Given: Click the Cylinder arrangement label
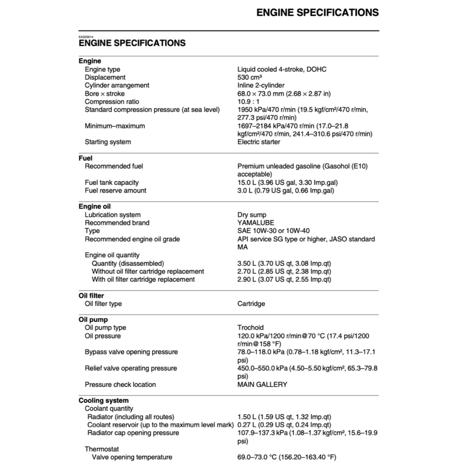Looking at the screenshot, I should [117, 85].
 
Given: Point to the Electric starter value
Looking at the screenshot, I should [259, 142].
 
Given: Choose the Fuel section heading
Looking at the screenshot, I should [86, 158].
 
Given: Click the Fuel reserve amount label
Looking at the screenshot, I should [116, 191].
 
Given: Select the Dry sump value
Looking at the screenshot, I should [252, 215].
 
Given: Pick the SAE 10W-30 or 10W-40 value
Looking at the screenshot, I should [274, 231].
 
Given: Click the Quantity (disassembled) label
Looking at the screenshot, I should [128, 263].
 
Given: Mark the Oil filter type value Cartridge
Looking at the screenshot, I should [251, 304].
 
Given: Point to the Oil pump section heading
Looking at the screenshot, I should [93, 320].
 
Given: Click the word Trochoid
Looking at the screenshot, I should [251, 328].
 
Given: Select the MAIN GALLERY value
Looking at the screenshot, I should [263, 385].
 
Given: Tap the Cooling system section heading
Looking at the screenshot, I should [104, 401].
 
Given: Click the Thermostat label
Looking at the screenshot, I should [102, 449].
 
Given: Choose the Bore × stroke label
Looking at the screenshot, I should [105, 93].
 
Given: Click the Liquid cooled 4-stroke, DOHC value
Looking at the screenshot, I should [282, 69].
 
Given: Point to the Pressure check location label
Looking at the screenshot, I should [120, 385].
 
